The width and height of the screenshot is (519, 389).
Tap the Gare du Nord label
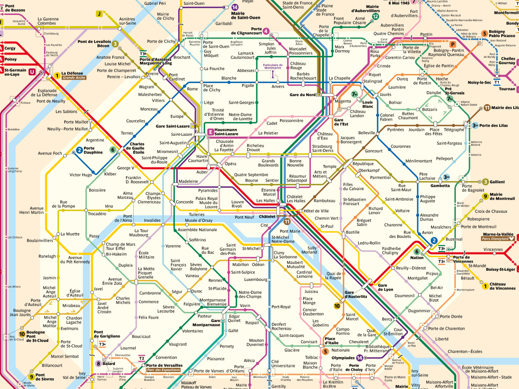[x=302, y=94]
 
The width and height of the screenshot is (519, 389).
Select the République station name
[x=363, y=164]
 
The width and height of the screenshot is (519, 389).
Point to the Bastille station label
[x=352, y=232]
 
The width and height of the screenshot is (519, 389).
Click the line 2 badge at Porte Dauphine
[x=79, y=150]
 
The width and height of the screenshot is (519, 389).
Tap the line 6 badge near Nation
[x=417, y=251]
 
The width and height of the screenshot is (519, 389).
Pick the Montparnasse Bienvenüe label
[x=213, y=302]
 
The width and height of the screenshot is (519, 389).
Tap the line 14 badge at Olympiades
[x=359, y=358]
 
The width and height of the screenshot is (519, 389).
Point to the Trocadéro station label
[x=97, y=213]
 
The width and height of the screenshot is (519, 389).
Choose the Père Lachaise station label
[x=427, y=176]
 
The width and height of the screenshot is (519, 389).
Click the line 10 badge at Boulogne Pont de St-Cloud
[x=22, y=333]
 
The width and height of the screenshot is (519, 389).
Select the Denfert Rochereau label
[x=281, y=326]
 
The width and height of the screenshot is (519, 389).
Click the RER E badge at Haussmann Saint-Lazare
[x=210, y=131]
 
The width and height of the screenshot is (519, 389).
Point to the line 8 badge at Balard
[x=98, y=363]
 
